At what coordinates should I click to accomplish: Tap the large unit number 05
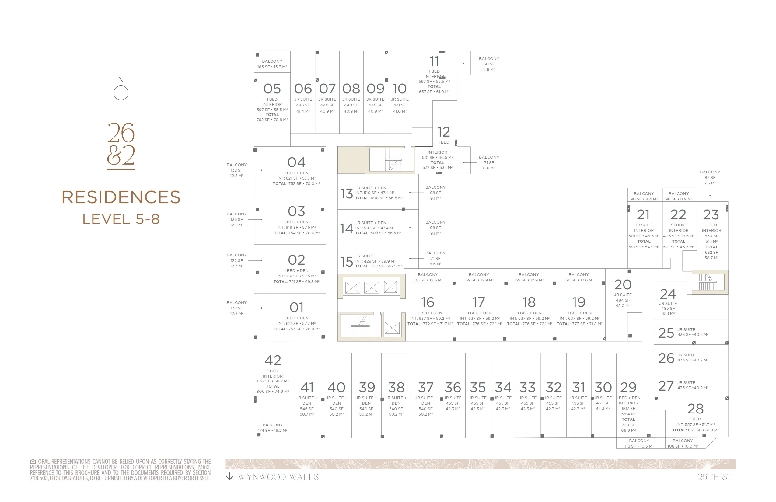272,89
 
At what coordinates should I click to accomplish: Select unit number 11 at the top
434,61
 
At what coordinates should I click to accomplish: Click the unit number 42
273,361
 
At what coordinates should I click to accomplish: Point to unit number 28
695,409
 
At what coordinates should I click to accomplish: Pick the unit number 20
623,284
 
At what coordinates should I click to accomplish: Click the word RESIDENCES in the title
121,197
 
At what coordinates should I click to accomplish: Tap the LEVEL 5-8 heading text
121,219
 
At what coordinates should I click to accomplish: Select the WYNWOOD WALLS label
278,477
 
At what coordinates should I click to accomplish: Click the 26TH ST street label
715,477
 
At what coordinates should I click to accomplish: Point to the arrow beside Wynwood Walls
229,476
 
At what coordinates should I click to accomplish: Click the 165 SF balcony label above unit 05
272,64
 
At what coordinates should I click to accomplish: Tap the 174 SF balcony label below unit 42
273,428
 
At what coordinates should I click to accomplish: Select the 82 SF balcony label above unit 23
710,178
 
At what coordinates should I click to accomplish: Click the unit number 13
347,193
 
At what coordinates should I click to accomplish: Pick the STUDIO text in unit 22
679,225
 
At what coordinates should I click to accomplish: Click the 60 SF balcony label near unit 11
489,64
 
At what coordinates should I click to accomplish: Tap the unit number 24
668,294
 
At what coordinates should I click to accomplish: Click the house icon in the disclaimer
33,461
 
